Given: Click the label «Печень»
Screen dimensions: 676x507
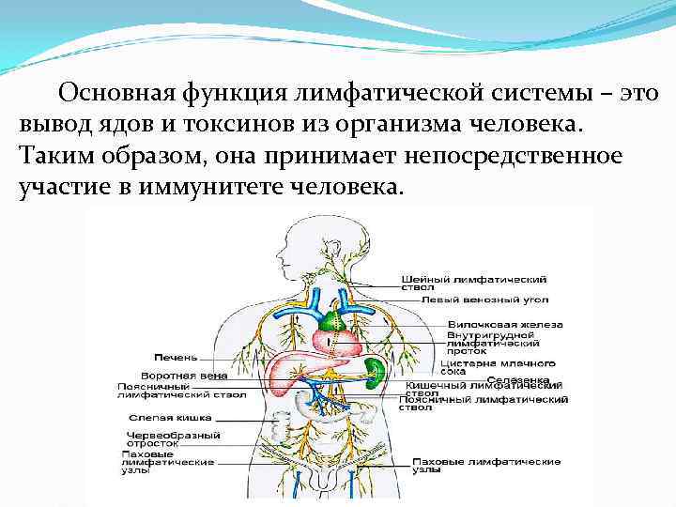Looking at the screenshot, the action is click(176, 358).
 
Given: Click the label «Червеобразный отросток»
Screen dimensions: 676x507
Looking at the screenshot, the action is click(174, 440).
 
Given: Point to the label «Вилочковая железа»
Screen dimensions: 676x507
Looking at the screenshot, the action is click(480, 324).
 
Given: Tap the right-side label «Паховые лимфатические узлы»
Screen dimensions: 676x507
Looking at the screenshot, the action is click(485, 467).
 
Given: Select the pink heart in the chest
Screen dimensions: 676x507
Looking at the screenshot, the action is click(337, 339).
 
